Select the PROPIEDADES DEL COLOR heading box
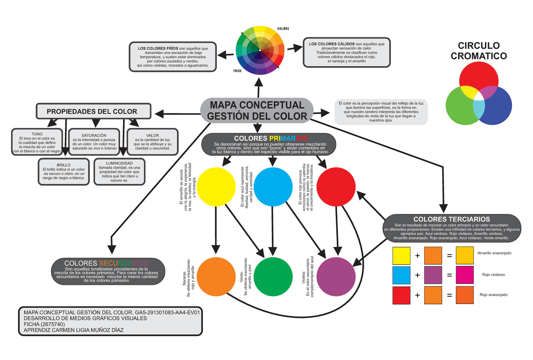tap(92, 111)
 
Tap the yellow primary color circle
tap(216, 187)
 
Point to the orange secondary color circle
tap(216, 276)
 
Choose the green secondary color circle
tap(273, 276)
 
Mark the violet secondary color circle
tap(335, 276)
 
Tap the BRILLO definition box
tap(64, 171)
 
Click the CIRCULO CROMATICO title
tap(478, 51)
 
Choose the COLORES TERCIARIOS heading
tap(451, 219)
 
